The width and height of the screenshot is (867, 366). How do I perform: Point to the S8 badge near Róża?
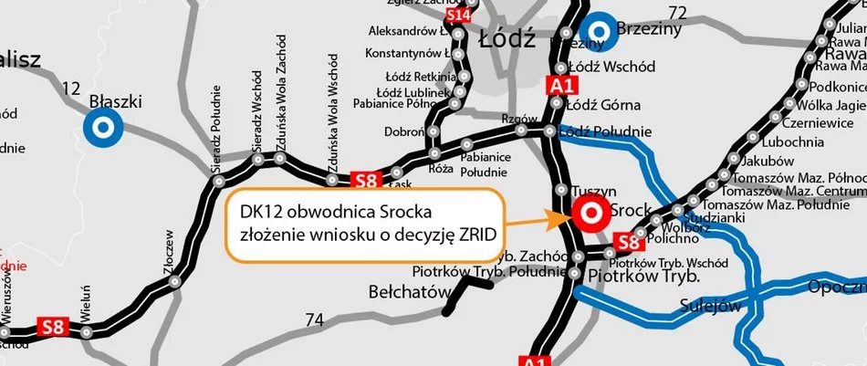(x=365, y=181)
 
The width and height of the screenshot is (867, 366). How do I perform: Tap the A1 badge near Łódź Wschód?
(x=559, y=86)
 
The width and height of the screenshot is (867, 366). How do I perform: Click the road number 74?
(x=315, y=319)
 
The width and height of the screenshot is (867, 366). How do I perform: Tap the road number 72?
(x=676, y=13)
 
